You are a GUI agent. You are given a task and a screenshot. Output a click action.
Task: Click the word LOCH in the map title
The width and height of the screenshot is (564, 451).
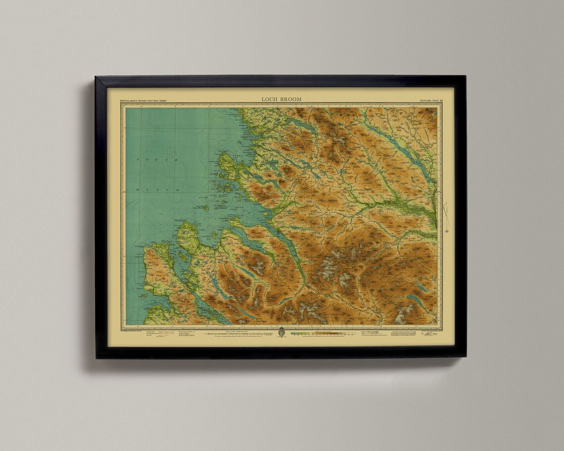click(270, 99)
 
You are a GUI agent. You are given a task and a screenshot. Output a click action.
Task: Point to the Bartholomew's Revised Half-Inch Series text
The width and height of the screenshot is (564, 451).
click(143, 100)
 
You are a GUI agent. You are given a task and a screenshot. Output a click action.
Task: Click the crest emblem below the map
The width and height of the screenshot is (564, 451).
click(282, 332)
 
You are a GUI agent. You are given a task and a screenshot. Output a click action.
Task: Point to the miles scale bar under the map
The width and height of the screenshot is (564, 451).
click(237, 334)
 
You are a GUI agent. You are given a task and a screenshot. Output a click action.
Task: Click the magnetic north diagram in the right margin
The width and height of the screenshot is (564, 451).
click(447, 217)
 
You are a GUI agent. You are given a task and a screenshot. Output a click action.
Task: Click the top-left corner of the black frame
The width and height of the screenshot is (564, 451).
click(96, 77)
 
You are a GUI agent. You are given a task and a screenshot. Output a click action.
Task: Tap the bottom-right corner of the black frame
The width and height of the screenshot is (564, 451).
click(466, 358)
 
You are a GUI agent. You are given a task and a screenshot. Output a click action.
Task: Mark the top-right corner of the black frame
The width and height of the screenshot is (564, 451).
click(466, 76)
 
